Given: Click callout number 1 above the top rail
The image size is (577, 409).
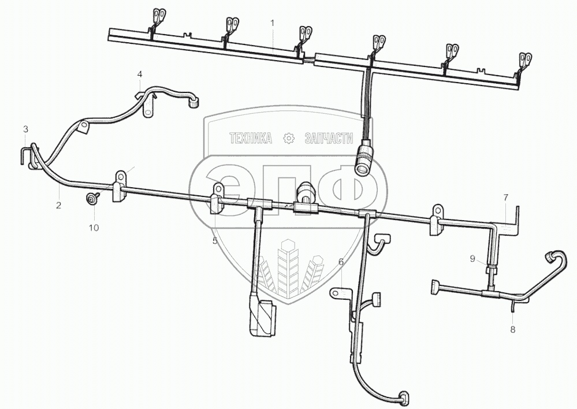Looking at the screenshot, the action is [273, 23].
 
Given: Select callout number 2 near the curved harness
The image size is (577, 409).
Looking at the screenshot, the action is [58, 205].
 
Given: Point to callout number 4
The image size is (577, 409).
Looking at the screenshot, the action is [139, 75].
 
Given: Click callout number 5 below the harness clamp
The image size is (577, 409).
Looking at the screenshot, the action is [215, 240].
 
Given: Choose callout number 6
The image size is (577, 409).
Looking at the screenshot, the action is [341, 262].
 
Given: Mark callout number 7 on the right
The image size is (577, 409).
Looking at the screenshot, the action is [505, 198].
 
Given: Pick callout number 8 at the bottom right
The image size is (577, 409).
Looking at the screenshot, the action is [512, 329].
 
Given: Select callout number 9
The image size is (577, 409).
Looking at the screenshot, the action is [472, 259].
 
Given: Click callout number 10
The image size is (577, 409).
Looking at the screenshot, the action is [94, 228].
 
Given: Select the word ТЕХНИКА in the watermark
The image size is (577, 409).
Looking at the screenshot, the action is [251, 138].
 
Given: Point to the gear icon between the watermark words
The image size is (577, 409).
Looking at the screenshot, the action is [288, 138].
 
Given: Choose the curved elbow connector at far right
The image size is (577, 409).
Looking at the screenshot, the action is [556, 256].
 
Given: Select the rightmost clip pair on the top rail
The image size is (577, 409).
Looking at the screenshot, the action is [524, 60].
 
